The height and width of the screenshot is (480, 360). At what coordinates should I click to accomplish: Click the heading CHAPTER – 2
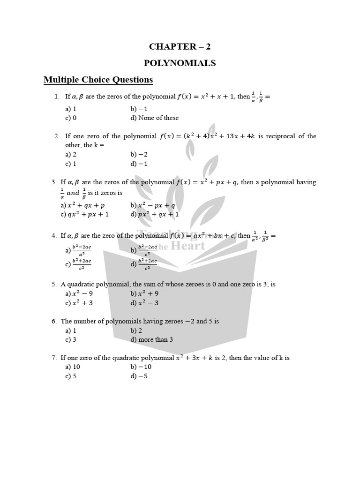point(183,46)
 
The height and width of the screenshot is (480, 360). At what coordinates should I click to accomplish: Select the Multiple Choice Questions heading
point(98,80)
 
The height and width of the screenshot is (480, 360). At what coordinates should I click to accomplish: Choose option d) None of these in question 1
point(154,118)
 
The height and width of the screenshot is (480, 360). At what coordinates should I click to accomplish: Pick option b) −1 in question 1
point(139,108)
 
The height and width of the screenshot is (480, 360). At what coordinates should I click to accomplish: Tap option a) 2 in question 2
point(71,154)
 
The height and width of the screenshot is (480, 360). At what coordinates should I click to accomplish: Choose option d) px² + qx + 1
point(155,214)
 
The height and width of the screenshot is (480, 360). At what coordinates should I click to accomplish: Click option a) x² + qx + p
point(82,205)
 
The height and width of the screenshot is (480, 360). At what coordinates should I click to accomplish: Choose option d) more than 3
point(152,339)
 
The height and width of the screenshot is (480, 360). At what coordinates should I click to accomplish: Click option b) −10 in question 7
point(141,367)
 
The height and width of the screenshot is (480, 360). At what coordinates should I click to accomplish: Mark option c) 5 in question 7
point(71,376)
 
